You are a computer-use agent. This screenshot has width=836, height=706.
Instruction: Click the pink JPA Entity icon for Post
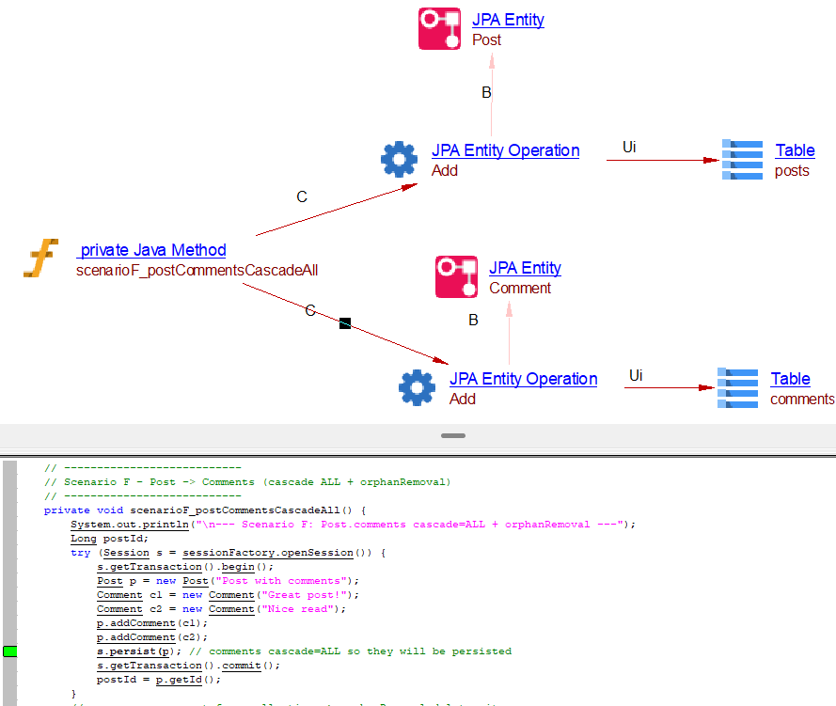pos(439,28)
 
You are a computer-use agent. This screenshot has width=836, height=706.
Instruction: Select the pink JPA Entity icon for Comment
pos(456,276)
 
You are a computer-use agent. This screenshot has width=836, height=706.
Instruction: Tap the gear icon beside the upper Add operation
pos(399,160)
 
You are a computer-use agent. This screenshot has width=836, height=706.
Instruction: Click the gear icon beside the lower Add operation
pos(417,387)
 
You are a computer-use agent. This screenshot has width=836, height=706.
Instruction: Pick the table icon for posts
pos(742,160)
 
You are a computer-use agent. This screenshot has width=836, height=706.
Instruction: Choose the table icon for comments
pos(737,387)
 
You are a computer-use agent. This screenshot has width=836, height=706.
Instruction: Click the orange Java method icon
pos(41,259)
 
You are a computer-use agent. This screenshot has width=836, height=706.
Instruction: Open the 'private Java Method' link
pos(151,250)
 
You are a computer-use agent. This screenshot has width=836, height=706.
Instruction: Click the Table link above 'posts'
pos(795,150)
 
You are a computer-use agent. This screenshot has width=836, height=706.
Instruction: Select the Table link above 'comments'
pos(790,379)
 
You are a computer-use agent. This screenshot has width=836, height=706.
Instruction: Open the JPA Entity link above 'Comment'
pos(525,268)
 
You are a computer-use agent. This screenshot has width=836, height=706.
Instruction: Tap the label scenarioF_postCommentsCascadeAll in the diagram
pos(197,271)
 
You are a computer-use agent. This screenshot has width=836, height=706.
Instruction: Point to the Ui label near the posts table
pos(629,147)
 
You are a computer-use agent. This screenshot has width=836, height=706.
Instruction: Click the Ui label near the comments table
pos(636,376)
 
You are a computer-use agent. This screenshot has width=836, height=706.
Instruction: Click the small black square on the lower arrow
pos(345,323)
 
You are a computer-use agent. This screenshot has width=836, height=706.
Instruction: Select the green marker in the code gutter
pos(10,651)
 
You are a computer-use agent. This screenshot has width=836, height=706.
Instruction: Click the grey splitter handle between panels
pos(453,436)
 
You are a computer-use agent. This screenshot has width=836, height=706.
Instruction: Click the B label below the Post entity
pos(486,93)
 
